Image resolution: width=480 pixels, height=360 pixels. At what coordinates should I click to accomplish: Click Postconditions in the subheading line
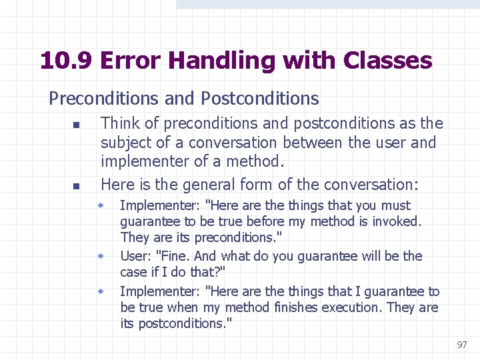pyautogui.click(x=259, y=99)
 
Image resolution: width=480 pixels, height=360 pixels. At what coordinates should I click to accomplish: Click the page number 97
pyautogui.click(x=462, y=345)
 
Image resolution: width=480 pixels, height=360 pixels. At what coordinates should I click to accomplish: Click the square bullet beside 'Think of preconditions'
pyautogui.click(x=76, y=125)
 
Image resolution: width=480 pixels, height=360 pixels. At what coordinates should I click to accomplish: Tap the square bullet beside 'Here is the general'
pyautogui.click(x=76, y=186)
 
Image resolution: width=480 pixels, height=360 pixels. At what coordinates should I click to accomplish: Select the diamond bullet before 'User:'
pyautogui.click(x=102, y=256)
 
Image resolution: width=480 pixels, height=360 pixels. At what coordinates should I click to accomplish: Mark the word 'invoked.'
pyautogui.click(x=399, y=221)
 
